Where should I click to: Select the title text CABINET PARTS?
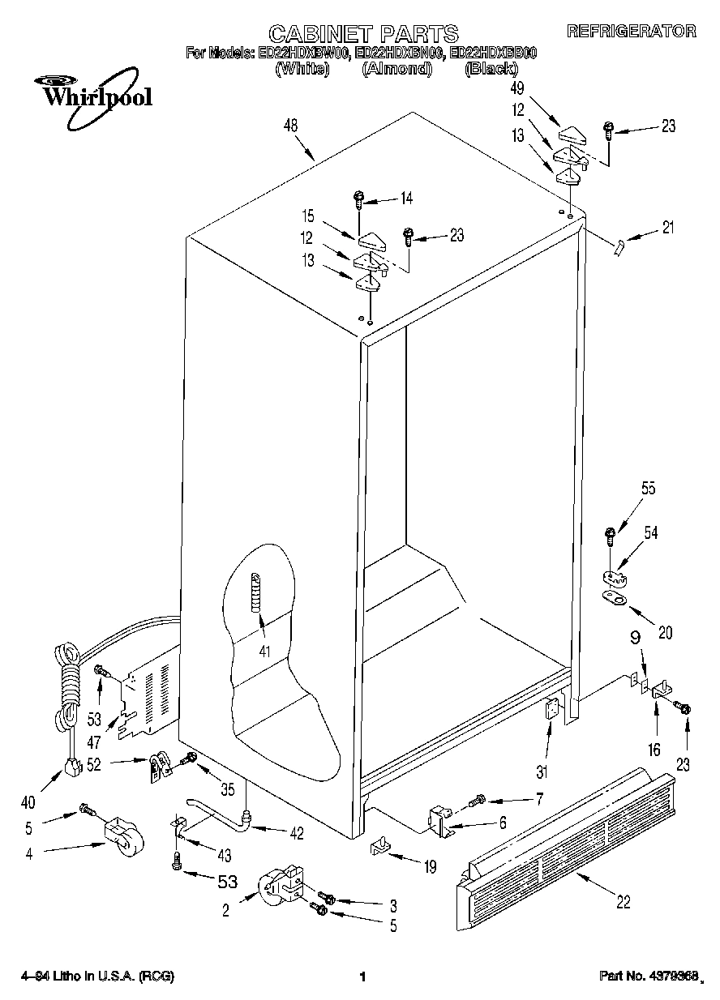[363, 33]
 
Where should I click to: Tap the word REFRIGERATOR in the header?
[631, 32]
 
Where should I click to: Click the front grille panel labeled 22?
[568, 843]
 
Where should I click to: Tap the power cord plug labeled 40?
[75, 765]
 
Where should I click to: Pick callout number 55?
[625, 489]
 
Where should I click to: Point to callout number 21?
[667, 229]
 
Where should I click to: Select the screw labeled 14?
[359, 196]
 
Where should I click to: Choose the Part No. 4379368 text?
[649, 976]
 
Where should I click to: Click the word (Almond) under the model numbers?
[395, 70]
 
